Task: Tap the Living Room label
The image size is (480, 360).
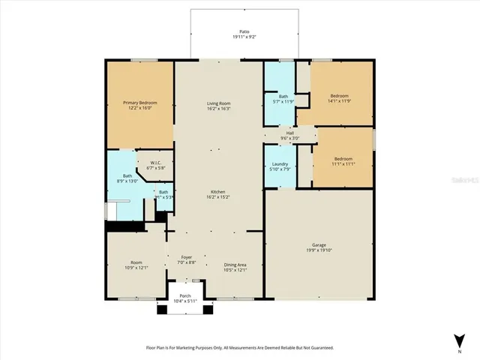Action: [x=219, y=103]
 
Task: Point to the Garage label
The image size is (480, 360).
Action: [x=319, y=245]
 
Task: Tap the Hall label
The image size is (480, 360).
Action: [x=289, y=133]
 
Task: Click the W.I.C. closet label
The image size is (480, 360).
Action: [x=155, y=163]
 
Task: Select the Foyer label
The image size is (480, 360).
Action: [x=187, y=258]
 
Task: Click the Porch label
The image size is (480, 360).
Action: [x=184, y=297]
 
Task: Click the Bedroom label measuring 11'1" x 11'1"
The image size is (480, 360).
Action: [x=343, y=158]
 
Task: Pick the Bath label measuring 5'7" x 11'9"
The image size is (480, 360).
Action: [x=283, y=96]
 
